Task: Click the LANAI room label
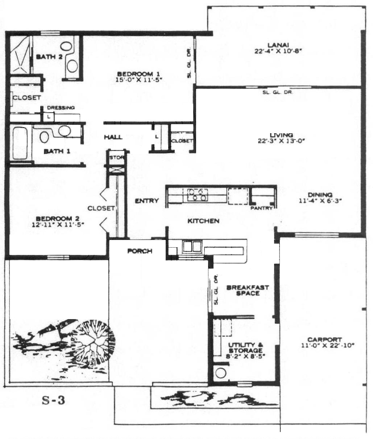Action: (278, 45)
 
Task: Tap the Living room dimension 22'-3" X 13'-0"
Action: (281, 141)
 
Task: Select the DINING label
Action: (320, 195)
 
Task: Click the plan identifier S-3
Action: (53, 401)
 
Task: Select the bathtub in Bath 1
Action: (20, 143)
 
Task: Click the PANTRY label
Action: (262, 208)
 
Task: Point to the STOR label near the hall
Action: (116, 158)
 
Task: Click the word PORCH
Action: (140, 251)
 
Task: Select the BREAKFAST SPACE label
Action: (248, 290)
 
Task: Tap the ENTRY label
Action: (147, 201)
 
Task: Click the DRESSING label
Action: (61, 108)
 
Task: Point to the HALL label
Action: (113, 137)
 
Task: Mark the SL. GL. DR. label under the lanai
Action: (278, 92)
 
